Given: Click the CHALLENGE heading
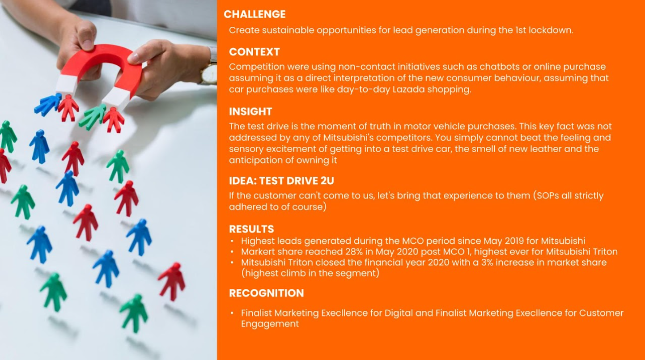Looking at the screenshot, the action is pyautogui.click(x=255, y=14).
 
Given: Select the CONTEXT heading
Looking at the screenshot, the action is pyautogui.click(x=254, y=52).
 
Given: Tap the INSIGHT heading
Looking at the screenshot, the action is pyautogui.click(x=250, y=111).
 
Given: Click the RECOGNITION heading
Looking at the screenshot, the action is pyautogui.click(x=266, y=293).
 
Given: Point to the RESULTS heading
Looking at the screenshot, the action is pyautogui.click(x=251, y=229).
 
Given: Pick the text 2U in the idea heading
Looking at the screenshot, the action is pyautogui.click(x=327, y=181).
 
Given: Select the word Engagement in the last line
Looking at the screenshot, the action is pyautogui.click(x=270, y=324).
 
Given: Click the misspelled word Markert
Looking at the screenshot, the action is pyautogui.click(x=257, y=252).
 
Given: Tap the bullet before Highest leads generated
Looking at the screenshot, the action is pyautogui.click(x=232, y=241).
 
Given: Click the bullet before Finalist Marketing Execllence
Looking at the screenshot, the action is pyautogui.click(x=232, y=313).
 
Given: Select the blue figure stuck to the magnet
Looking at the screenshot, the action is pyautogui.click(x=48, y=104).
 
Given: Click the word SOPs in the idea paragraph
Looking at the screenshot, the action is pyautogui.click(x=547, y=195).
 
